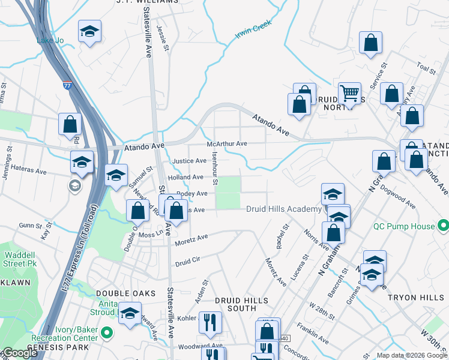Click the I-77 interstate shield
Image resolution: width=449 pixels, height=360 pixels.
pyautogui.click(x=67, y=86)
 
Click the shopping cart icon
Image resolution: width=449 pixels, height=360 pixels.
pyautogui.click(x=349, y=93)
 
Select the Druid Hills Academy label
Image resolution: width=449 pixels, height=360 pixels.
pyautogui.click(x=284, y=209)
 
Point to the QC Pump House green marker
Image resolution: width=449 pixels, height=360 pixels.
pyautogui.click(x=444, y=226)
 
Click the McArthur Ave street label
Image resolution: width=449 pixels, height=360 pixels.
pyautogui.click(x=227, y=144)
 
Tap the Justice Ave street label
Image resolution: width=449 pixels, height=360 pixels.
pyautogui.click(x=190, y=161)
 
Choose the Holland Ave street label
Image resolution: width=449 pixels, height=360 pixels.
pyautogui.click(x=186, y=177)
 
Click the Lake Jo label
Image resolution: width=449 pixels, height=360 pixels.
pyautogui.click(x=50, y=41)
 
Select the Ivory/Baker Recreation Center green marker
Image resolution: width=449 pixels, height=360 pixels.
pyautogui.click(x=107, y=332)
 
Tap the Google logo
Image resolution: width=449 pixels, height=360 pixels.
pyautogui.click(x=19, y=353)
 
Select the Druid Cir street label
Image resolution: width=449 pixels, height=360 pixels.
pyautogui.click(x=187, y=262)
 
